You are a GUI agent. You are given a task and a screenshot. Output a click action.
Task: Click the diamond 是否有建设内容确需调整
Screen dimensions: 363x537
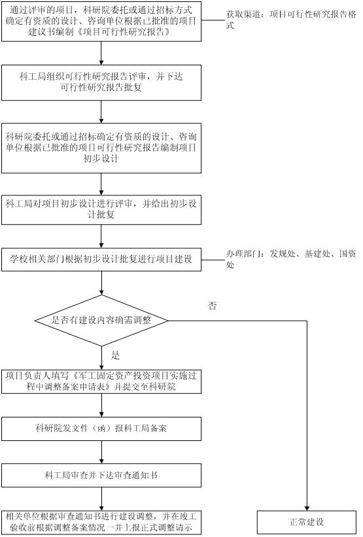[101, 321]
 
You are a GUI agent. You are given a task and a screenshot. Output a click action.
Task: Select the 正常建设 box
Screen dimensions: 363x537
[307, 522]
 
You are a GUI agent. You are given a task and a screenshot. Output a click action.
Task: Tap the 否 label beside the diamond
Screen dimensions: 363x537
[212, 306]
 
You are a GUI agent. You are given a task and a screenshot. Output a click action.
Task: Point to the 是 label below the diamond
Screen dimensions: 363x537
[115, 355]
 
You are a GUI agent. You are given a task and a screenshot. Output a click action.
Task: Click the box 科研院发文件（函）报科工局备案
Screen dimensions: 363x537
[101, 429]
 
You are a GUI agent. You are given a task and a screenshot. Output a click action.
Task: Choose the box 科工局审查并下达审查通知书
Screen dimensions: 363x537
[101, 476]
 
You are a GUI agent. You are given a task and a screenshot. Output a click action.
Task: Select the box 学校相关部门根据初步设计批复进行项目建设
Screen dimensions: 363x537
[101, 259]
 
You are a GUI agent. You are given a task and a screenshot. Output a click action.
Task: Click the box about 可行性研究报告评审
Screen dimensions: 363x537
[101, 82]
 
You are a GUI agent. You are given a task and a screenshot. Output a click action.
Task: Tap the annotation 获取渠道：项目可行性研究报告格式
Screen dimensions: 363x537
[290, 20]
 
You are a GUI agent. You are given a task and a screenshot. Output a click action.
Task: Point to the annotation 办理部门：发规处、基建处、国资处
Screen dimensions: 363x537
[290, 259]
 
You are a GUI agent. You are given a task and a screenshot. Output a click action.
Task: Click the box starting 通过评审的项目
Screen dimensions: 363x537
[101, 22]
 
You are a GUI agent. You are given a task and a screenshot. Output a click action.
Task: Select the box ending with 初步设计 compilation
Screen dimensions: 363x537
[101, 148]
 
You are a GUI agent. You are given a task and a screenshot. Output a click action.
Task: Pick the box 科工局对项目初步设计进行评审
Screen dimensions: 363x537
[101, 210]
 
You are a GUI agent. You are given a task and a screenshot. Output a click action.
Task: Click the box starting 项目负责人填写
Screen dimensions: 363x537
[101, 382]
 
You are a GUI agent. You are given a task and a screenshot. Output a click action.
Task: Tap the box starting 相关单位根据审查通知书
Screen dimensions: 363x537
[101, 522]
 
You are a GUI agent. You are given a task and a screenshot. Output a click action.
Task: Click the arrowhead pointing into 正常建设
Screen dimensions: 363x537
[307, 508]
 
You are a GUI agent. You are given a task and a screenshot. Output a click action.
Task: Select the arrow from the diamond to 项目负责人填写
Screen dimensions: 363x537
[101, 358]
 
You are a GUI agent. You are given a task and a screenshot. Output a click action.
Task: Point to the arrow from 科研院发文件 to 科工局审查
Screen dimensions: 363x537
[101, 452]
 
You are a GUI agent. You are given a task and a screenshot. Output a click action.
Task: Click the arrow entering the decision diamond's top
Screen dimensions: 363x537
[101, 284]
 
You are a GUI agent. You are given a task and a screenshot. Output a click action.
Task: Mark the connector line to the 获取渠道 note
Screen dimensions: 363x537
[213, 20]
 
